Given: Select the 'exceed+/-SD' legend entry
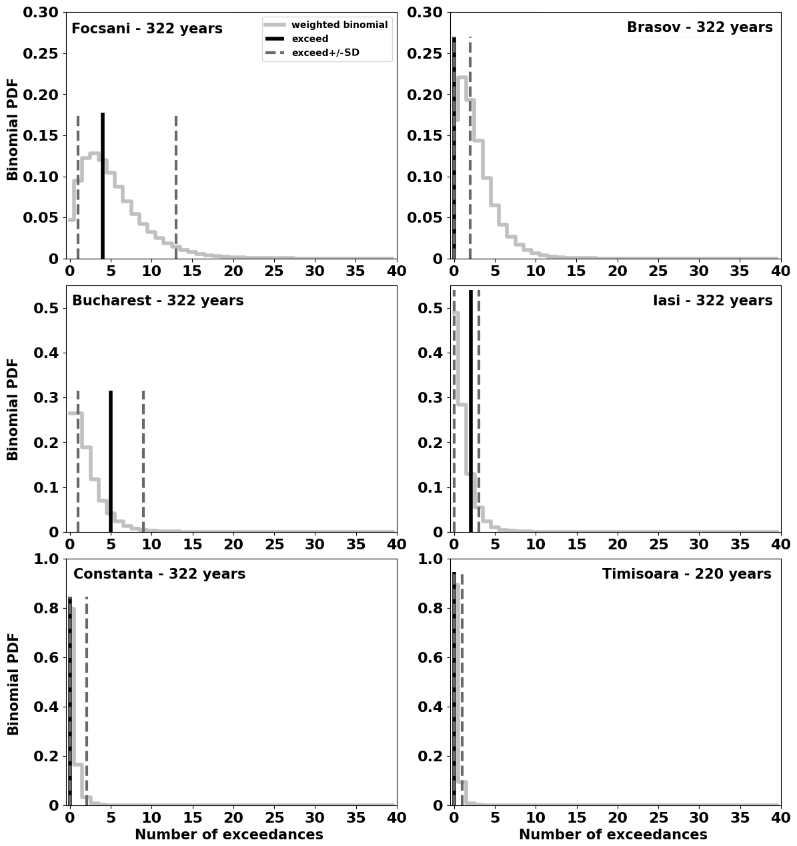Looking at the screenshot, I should [x=325, y=53].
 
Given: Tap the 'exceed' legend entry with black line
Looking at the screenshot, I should [x=310, y=39].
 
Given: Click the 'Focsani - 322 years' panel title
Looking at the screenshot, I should [x=147, y=29].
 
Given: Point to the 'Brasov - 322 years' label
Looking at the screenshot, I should [x=699, y=27].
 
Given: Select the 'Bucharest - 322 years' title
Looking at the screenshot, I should [x=157, y=301].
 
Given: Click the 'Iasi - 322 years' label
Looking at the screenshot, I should [x=712, y=301].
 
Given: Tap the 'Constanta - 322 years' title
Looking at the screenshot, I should [x=159, y=574].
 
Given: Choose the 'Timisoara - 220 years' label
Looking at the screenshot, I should [x=686, y=574].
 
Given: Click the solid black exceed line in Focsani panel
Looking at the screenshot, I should [x=103, y=187].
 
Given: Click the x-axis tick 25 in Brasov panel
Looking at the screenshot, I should [x=658, y=271].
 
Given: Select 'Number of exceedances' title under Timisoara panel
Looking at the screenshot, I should [x=613, y=835].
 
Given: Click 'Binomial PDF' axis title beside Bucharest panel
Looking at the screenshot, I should [x=13, y=409].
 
